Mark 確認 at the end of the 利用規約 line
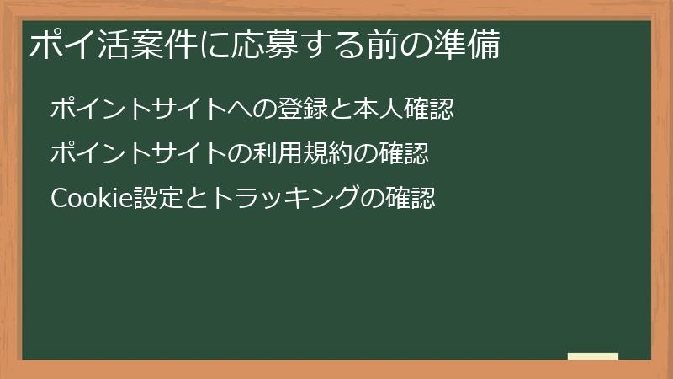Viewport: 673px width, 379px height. coord(406,154)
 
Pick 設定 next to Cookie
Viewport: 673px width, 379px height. coord(148,200)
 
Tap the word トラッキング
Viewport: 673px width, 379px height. coord(274,200)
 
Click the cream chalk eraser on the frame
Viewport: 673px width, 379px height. coord(593,356)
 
